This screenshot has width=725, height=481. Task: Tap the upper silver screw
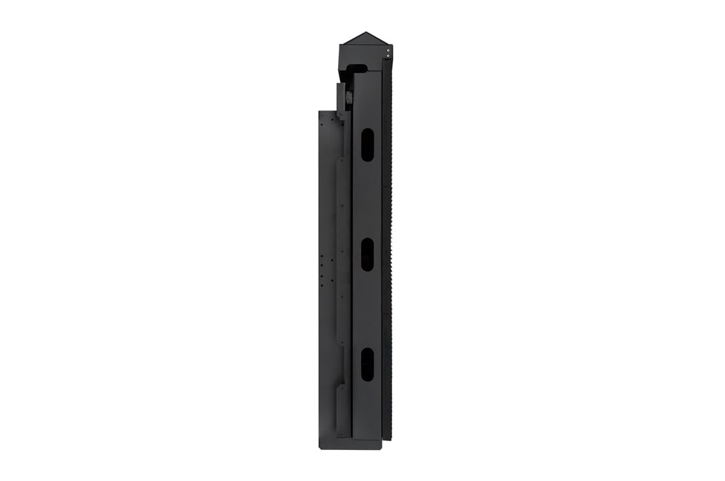[388, 49]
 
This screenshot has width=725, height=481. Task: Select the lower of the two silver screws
[388, 56]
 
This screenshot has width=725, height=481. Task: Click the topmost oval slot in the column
[367, 144]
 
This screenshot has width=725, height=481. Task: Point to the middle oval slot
[367, 254]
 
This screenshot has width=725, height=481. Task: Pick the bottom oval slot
[367, 364]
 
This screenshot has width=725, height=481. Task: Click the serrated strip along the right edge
[388, 250]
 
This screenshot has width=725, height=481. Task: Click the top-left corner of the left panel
[320, 112]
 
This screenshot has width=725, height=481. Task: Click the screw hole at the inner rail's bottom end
[341, 433]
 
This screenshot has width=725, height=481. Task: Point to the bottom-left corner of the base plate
[320, 448]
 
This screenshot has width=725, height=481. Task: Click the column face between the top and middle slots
[367, 198]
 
